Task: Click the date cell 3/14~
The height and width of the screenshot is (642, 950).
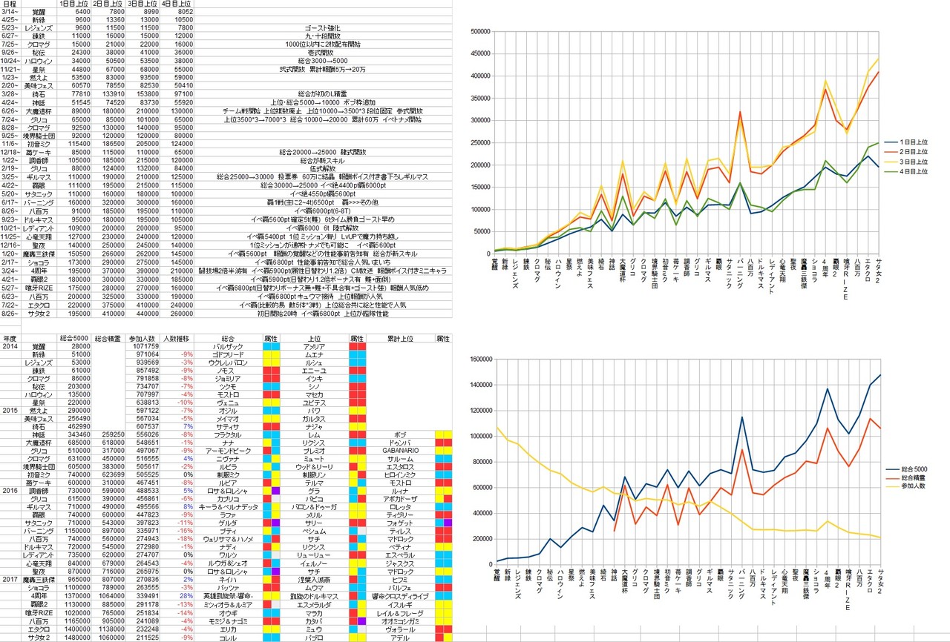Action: coord(10,12)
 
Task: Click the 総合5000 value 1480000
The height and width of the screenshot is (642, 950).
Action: coord(69,637)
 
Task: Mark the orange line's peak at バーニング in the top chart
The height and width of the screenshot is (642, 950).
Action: coord(740,112)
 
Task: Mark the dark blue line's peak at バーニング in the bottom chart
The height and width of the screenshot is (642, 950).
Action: coord(741,417)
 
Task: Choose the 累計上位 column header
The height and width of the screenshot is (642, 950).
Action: coord(405,337)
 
